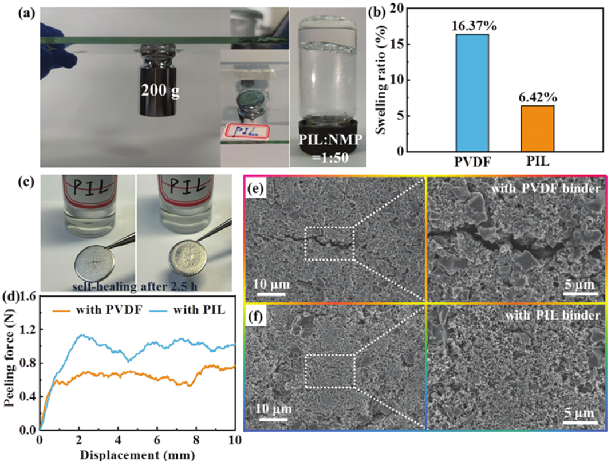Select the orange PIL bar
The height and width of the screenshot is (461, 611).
pyautogui.click(x=537, y=128)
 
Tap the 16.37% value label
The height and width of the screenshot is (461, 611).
pyautogui.click(x=472, y=26)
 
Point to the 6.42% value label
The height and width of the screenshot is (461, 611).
pyautogui.click(x=538, y=97)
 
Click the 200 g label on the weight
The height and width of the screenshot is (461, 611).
pyautogui.click(x=160, y=89)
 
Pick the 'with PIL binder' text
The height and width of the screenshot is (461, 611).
pyautogui.click(x=547, y=314)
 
